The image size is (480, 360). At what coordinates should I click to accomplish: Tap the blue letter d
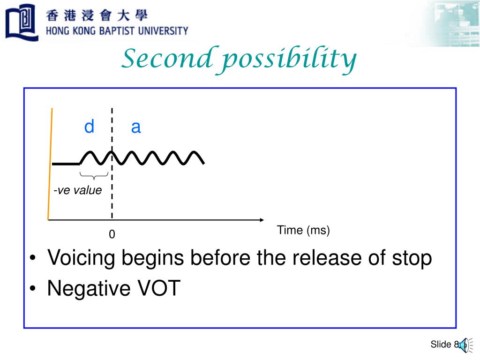coord(89,127)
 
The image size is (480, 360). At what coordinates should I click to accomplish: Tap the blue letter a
coord(136,127)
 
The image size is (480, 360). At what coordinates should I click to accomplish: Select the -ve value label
coord(77,190)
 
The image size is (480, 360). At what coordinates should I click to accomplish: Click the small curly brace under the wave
coord(94,176)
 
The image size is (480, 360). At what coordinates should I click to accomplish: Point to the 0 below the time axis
coord(112,234)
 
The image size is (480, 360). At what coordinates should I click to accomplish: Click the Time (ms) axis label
coord(303,230)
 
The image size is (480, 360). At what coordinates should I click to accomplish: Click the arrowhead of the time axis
coord(262,219)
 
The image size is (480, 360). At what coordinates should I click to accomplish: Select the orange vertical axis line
coord(50,164)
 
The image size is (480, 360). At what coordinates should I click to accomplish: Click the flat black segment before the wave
coord(66,164)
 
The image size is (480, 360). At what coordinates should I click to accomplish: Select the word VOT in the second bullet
coord(158,289)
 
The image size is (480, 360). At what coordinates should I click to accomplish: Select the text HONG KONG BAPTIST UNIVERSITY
coord(117,31)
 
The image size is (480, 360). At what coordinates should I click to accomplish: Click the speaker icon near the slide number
coord(463,345)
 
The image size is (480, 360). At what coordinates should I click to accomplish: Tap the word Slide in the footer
coord(441,345)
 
